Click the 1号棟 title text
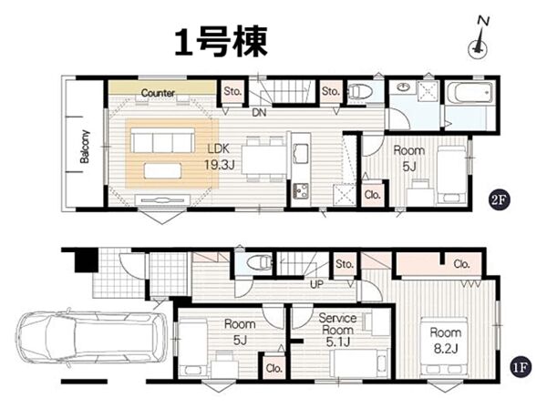[221, 42]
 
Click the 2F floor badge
[499, 199]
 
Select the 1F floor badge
[520, 367]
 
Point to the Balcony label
[85, 147]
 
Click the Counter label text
[158, 93]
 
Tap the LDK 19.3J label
[219, 157]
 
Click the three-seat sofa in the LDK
[162, 140]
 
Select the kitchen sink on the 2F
[301, 154]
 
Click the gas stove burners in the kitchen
[300, 190]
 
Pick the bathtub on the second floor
[470, 92]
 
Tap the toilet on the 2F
[360, 92]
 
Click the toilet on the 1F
[260, 262]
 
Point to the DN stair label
[259, 113]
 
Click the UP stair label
[316, 284]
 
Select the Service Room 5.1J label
[337, 330]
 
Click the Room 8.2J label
[446, 341]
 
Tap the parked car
[90, 338]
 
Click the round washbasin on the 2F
[404, 87]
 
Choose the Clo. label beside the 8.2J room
[461, 264]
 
